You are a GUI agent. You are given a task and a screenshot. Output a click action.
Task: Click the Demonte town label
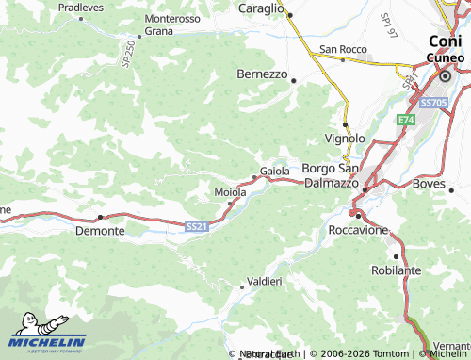[x=99, y=229]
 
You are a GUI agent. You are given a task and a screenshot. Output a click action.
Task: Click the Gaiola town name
[x=274, y=171]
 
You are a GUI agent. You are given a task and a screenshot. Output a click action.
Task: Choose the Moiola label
[x=230, y=192]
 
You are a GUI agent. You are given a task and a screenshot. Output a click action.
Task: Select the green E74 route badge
[x=405, y=121]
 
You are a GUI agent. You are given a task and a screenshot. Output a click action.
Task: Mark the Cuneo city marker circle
[x=445, y=76]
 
